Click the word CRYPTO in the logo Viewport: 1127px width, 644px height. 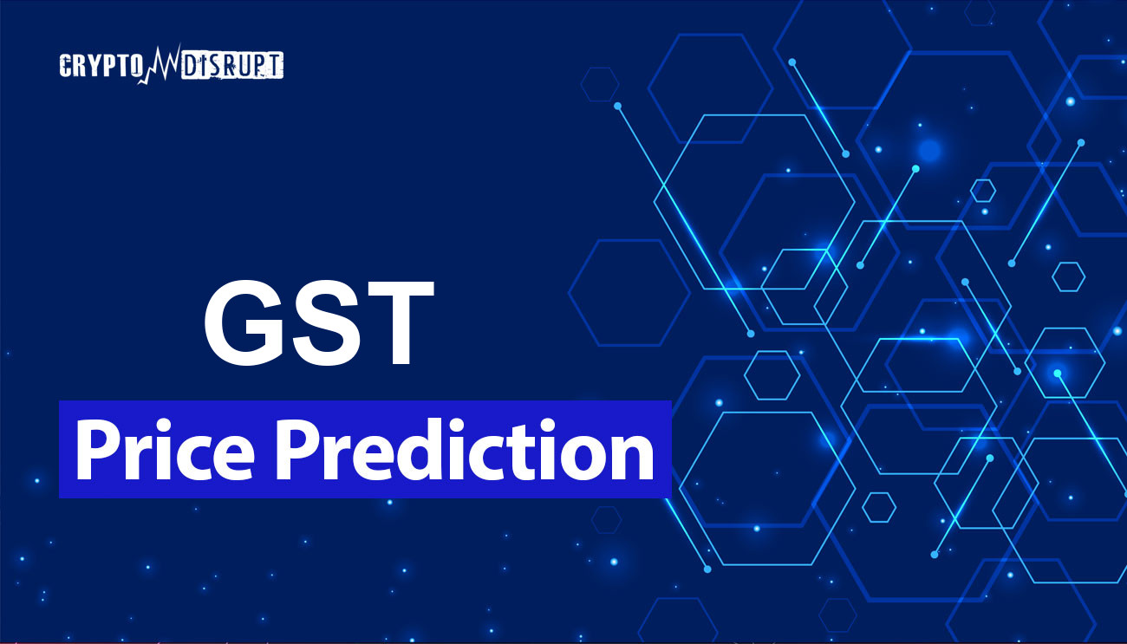coord(99,66)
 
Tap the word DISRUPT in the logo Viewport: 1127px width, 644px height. coord(231,65)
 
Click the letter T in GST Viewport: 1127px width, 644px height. coord(396,322)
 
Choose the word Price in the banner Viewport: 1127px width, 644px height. coord(165,449)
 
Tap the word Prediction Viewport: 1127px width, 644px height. coord(464,449)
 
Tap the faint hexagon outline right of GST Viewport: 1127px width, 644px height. coord(629,241)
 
